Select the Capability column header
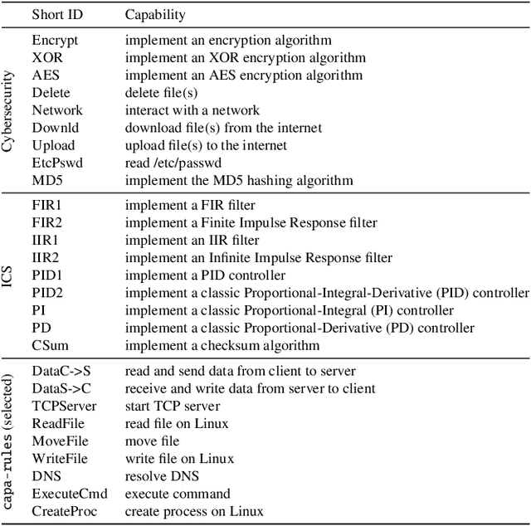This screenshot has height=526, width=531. (155, 15)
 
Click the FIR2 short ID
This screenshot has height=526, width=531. (46, 222)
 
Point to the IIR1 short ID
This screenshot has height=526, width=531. (45, 240)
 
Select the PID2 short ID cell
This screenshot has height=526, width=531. (46, 293)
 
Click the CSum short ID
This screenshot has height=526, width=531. (49, 345)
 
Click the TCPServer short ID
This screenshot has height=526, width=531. (64, 406)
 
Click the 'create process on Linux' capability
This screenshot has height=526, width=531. (194, 511)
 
